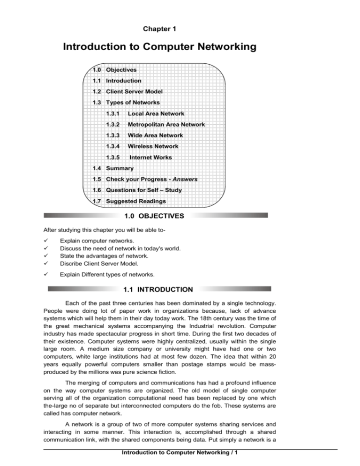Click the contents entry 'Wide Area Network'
[x=154, y=135]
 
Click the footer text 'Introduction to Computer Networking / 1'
[x=180, y=458]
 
